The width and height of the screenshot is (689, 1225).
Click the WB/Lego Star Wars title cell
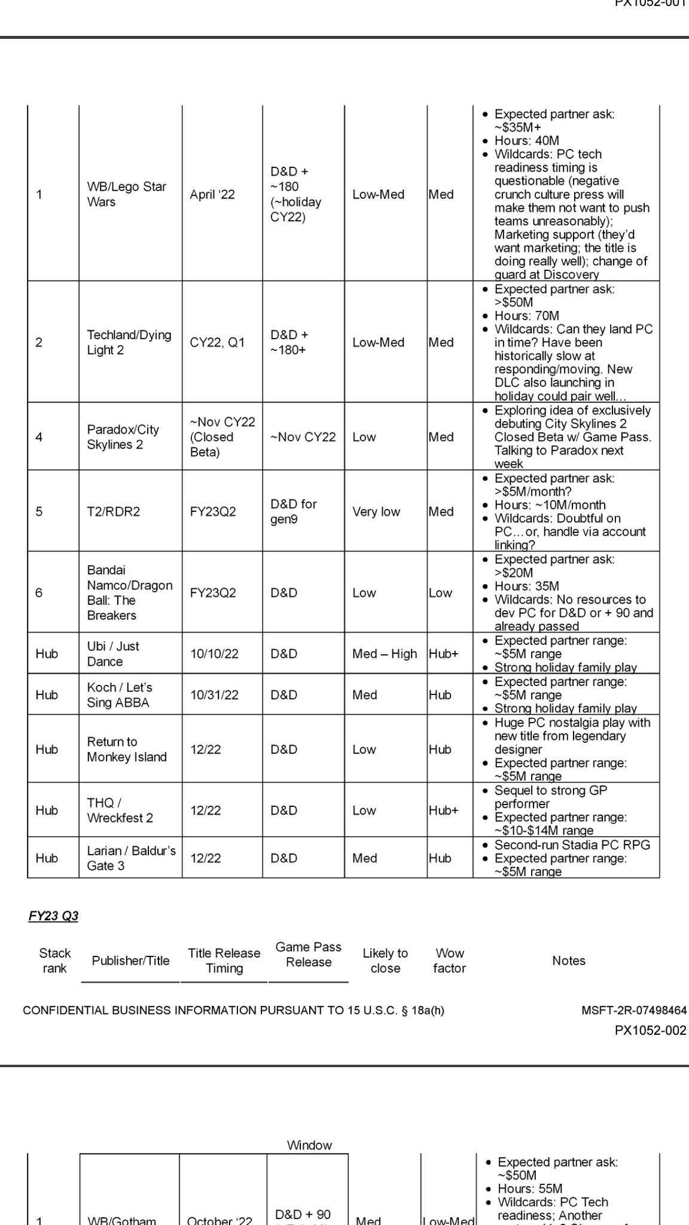click(x=126, y=194)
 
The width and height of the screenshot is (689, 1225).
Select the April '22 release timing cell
click(x=212, y=194)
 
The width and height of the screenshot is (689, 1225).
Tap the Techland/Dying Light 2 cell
click(x=129, y=342)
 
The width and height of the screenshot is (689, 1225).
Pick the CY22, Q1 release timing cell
click(x=217, y=343)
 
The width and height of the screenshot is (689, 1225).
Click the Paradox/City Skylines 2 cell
click(x=123, y=437)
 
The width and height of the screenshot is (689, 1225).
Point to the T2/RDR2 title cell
click(x=113, y=511)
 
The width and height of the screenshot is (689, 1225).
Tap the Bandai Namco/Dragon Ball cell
click(x=129, y=592)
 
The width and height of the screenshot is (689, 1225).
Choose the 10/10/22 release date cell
click(x=214, y=654)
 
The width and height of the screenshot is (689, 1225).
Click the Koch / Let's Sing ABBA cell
click(x=119, y=694)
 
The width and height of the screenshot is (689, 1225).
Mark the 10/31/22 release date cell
click(x=214, y=695)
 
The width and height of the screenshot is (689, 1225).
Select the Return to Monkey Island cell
click(x=126, y=749)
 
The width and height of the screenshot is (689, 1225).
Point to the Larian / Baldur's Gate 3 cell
click(x=131, y=858)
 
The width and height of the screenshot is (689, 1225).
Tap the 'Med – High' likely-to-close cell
click(x=384, y=654)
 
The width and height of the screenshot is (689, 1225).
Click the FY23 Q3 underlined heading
click(x=53, y=916)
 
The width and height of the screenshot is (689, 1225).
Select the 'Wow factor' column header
click(x=449, y=960)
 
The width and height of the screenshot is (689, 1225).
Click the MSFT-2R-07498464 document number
click(x=633, y=1010)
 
